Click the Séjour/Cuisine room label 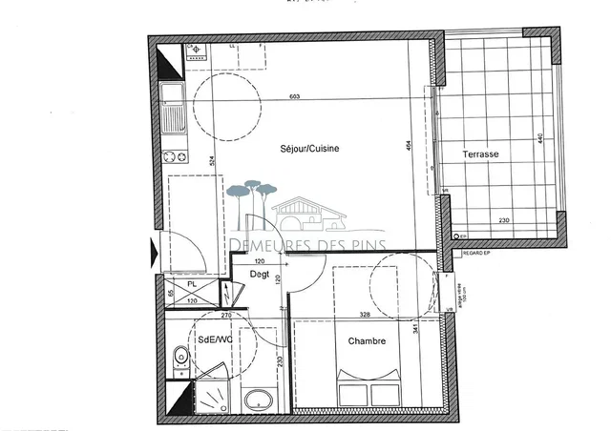[x=310, y=149]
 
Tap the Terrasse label [x=480, y=154]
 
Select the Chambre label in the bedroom [x=367, y=341]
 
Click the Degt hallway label [x=259, y=275]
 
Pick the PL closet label [x=192, y=284]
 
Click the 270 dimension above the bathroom [x=227, y=314]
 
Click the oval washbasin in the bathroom [x=258, y=400]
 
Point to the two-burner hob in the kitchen [x=175, y=157]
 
